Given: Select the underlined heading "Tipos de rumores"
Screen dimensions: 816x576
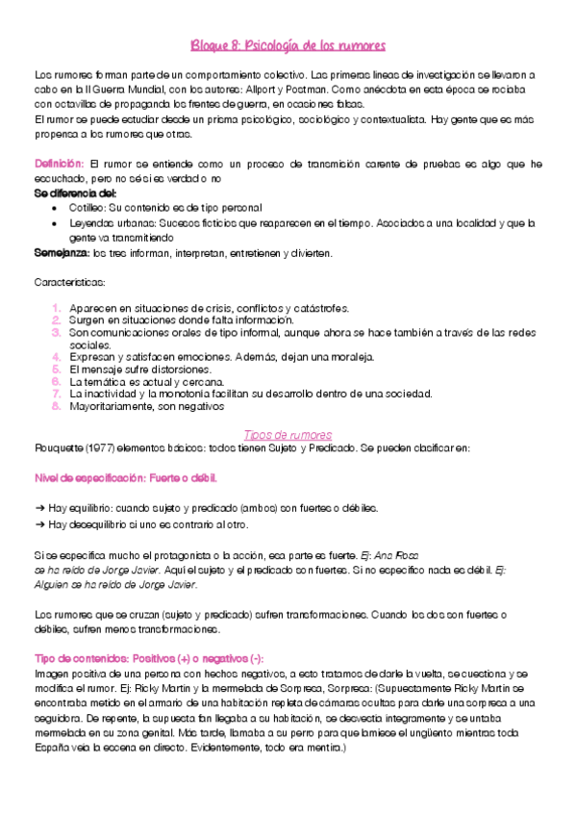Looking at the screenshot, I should click(x=288, y=434).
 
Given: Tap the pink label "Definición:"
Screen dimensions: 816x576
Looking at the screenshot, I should click(x=60, y=165).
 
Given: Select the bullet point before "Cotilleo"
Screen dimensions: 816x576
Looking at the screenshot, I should click(x=59, y=207).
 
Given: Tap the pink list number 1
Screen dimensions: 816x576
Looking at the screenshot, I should click(x=57, y=308).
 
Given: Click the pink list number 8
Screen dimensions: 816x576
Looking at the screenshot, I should click(x=57, y=405).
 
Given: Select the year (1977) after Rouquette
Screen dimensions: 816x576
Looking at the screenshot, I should click(x=107, y=448).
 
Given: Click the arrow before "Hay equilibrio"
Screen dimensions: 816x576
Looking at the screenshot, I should click(x=38, y=507).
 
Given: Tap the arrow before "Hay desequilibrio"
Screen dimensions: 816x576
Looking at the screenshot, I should click(x=38, y=524).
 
